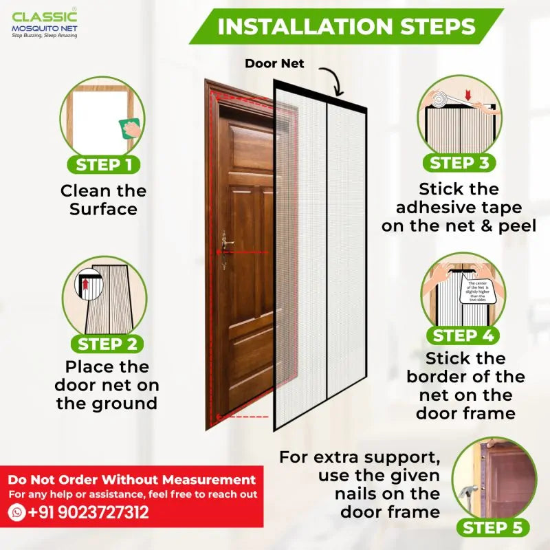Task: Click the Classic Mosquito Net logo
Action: click(x=45, y=25)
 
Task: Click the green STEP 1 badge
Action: click(x=104, y=164)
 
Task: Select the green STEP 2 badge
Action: click(x=107, y=344)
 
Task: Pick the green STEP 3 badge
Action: click(x=459, y=163)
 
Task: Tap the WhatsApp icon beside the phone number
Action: click(x=17, y=512)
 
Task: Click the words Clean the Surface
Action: click(x=103, y=199)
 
